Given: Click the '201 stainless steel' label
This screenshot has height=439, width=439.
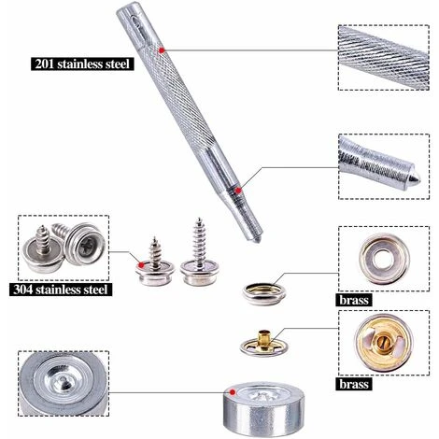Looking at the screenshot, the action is click(x=82, y=64).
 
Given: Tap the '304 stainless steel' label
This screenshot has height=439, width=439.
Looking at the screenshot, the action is click(x=61, y=290).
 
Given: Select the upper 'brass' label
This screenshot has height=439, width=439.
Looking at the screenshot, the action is click(x=354, y=300).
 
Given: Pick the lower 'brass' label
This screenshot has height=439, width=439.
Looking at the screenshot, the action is click(x=354, y=384).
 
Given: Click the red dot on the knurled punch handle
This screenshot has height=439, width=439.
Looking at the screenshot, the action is click(x=162, y=50).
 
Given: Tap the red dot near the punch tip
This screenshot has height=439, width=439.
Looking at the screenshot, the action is click(x=238, y=191).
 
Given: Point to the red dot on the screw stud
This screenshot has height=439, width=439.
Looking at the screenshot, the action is click(x=141, y=265).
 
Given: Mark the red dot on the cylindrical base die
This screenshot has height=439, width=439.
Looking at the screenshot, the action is click(x=233, y=392).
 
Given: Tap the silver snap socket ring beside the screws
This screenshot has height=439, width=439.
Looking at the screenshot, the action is click(x=264, y=294).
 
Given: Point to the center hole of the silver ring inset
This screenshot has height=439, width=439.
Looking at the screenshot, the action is click(x=384, y=259).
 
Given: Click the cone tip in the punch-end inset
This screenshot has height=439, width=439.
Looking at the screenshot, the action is click(x=415, y=177).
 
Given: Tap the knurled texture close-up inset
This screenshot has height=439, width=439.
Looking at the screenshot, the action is click(x=384, y=58).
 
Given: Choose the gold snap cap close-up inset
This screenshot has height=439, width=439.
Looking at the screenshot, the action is click(x=384, y=343).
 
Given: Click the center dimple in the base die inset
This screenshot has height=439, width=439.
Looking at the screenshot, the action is click(x=63, y=380).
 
